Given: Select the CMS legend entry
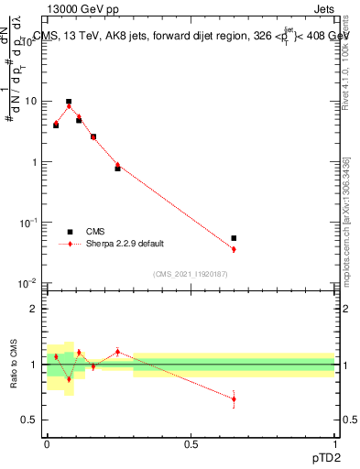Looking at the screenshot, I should point(96,232).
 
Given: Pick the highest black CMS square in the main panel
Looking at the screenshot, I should point(69,102).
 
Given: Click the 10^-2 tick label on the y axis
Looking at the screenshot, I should point(30,283).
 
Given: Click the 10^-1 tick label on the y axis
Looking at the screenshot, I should point(30,223).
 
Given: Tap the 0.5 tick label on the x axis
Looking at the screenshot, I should point(191,443).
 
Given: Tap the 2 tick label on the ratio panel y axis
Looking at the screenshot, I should point(37,310).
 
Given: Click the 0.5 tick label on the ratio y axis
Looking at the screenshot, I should point(33,420).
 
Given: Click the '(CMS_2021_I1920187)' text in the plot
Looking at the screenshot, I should point(191,274).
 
